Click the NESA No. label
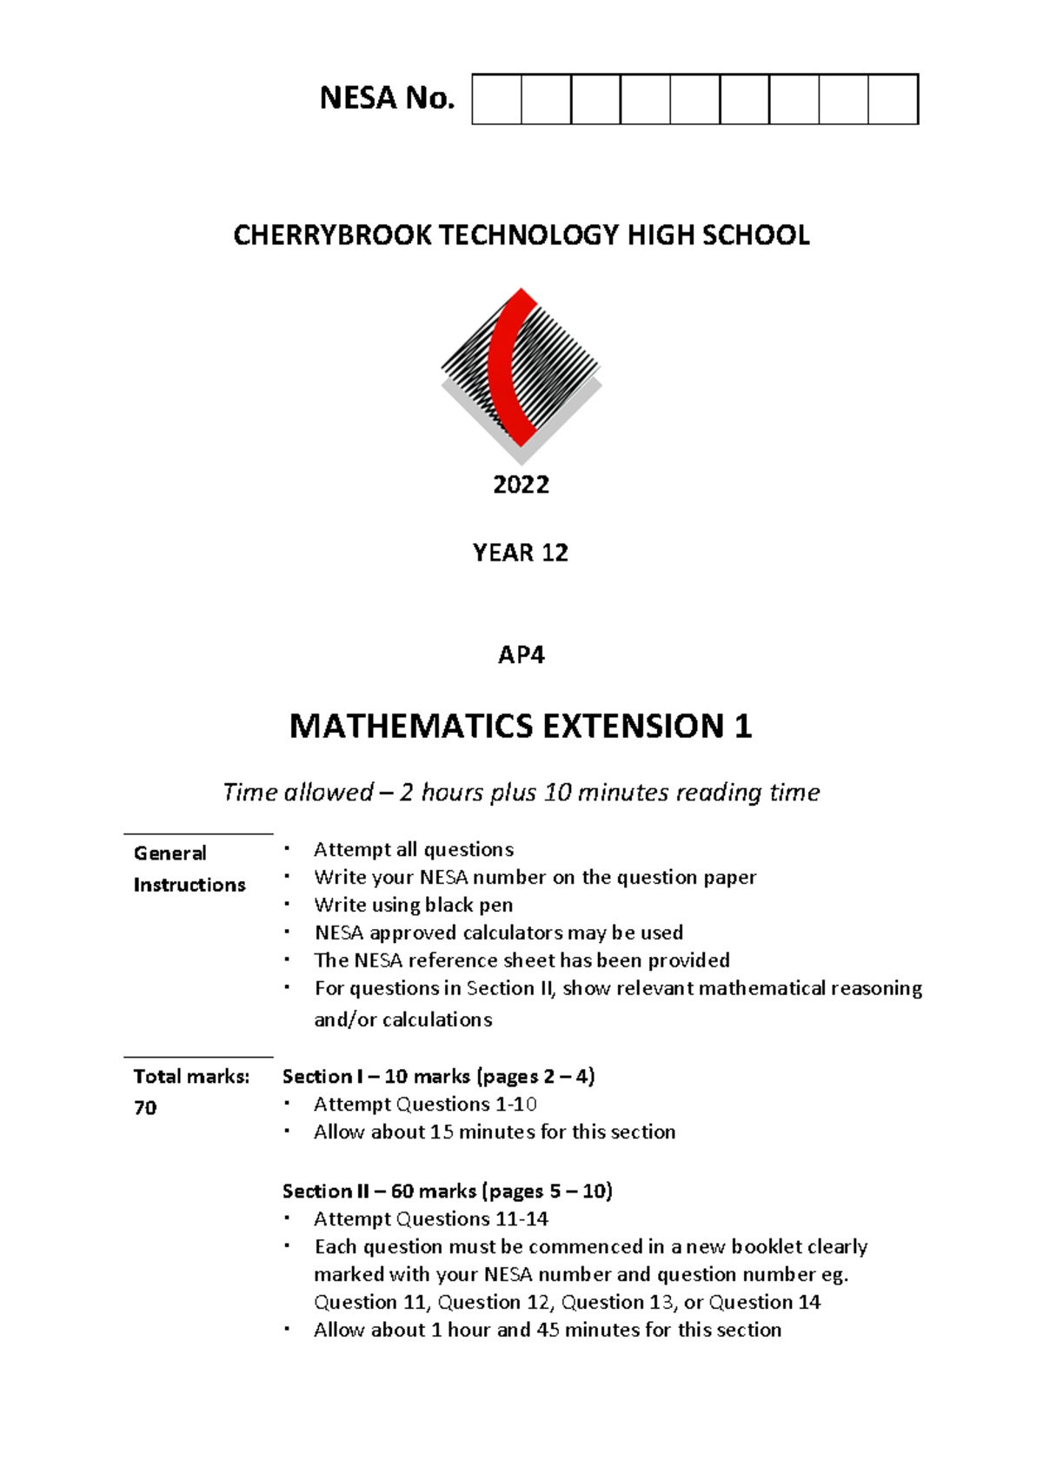point(387,98)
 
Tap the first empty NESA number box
point(497,99)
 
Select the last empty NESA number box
point(893,99)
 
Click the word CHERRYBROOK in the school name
point(332,236)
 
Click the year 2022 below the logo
point(521,485)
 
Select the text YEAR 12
point(520,553)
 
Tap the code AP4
point(521,655)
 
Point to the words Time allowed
point(297,793)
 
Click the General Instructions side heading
point(189,869)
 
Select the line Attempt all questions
point(413,849)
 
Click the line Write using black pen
point(413,905)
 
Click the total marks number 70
point(145,1108)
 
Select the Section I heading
point(438,1077)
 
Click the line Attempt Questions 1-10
point(425,1105)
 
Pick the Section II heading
point(447,1192)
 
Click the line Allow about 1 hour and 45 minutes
point(548,1330)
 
